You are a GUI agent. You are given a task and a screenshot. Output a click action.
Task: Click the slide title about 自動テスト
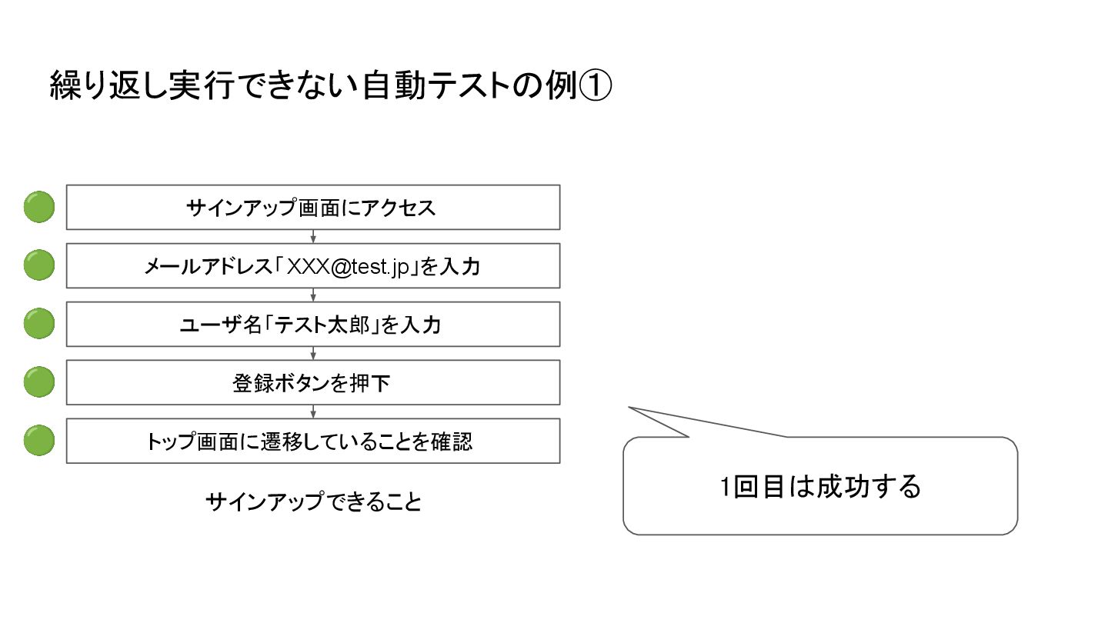(x=330, y=86)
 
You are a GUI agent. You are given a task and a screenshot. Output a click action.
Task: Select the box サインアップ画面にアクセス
(x=312, y=207)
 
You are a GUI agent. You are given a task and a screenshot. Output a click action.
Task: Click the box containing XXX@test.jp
(x=312, y=266)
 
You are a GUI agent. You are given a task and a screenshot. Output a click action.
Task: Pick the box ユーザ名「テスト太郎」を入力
(x=312, y=325)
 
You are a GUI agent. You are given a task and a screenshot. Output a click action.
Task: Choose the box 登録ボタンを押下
(x=312, y=383)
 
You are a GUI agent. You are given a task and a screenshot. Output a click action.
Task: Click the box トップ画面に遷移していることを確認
(x=312, y=441)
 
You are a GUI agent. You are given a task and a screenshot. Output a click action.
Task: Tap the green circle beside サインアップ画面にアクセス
(x=38, y=207)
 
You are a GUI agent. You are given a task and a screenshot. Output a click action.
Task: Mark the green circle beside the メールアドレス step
(x=38, y=266)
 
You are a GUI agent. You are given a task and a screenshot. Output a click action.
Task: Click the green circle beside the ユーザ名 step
(x=38, y=325)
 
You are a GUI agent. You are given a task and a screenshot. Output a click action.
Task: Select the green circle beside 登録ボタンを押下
(x=38, y=383)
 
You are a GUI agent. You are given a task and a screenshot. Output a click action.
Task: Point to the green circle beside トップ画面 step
(x=38, y=441)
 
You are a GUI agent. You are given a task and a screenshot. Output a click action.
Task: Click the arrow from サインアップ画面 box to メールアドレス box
(x=313, y=236)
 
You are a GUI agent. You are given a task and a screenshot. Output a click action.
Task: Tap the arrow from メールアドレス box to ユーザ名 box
(x=313, y=295)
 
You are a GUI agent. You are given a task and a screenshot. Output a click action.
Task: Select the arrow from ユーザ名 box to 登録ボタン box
(x=313, y=353)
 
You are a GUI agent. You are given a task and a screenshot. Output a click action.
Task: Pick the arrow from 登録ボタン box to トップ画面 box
(x=313, y=411)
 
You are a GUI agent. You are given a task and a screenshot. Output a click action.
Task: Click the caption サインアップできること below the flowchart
(x=313, y=502)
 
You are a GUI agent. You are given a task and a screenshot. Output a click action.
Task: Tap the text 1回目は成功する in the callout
(x=820, y=487)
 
